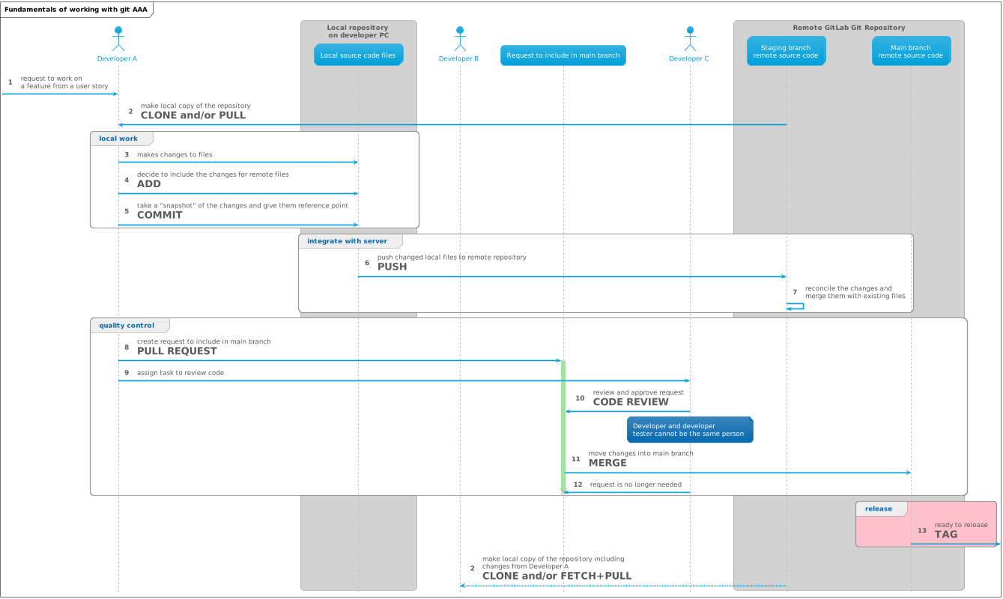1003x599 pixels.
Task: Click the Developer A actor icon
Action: (x=118, y=38)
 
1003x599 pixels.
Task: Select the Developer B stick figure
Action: (x=459, y=38)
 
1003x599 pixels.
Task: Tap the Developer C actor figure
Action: (x=689, y=38)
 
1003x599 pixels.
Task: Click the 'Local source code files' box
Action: (x=358, y=55)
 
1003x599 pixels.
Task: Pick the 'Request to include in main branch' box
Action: (x=563, y=55)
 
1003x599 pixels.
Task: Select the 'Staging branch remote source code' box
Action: (x=786, y=51)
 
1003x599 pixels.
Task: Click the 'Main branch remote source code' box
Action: (x=910, y=51)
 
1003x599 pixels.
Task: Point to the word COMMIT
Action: (x=160, y=215)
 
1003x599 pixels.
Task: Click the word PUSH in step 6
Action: (x=392, y=267)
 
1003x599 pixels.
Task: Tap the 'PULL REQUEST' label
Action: (x=177, y=351)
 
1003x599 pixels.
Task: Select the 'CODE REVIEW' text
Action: (x=630, y=402)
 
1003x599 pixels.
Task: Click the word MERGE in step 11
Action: (x=607, y=463)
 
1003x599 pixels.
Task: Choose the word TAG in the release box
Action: (x=945, y=535)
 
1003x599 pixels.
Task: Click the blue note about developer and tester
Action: (x=689, y=430)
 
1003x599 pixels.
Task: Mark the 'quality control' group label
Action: (x=127, y=326)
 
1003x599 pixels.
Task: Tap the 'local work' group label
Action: (x=118, y=139)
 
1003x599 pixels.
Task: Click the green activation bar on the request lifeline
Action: (x=563, y=427)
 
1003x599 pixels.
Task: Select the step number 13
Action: (x=921, y=531)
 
